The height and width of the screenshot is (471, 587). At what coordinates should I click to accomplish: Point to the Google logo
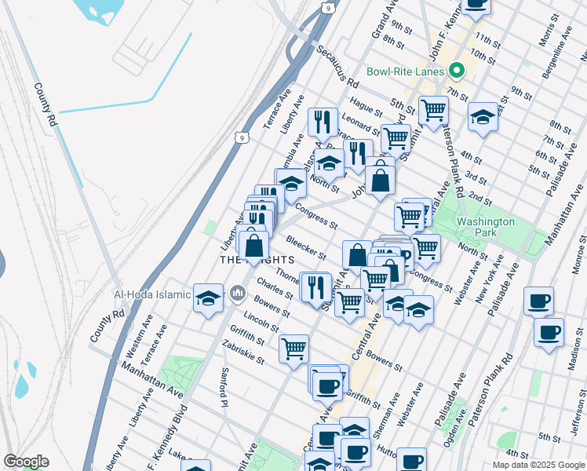(x=26, y=462)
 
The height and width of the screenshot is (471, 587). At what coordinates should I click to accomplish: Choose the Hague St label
(x=366, y=104)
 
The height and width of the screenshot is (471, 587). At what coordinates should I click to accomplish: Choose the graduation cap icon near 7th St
(x=483, y=117)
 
